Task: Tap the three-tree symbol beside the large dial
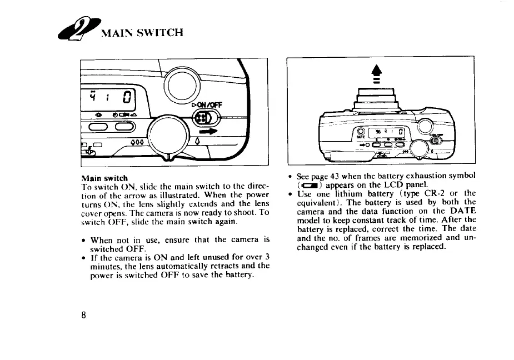[137, 141]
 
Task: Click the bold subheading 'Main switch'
[104, 179]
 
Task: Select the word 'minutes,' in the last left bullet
[106, 266]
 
